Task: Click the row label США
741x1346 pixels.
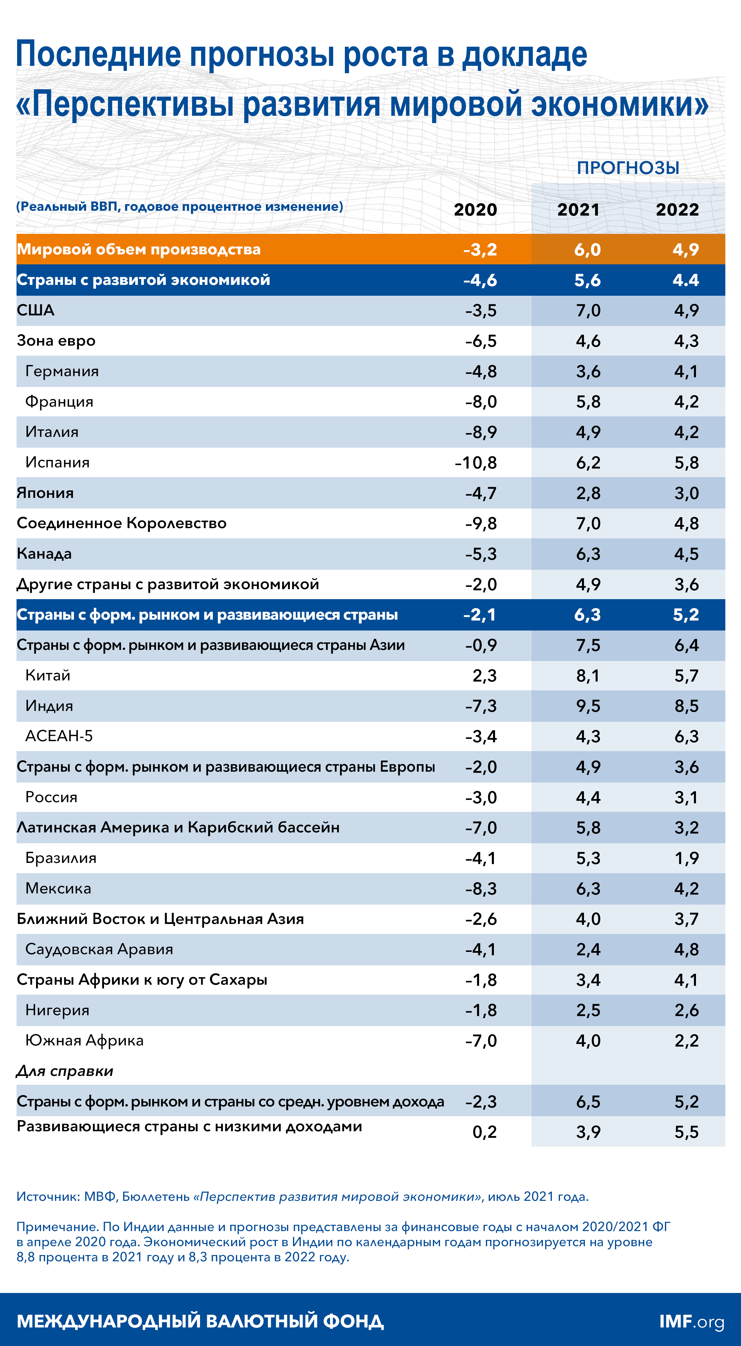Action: (x=36, y=310)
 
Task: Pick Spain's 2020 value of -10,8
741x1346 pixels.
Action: (x=476, y=463)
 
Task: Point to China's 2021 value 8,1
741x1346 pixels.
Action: (x=588, y=676)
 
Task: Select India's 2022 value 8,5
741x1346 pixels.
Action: (x=686, y=706)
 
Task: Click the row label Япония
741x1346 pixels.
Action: (x=45, y=493)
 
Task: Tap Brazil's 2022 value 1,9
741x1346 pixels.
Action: (x=686, y=858)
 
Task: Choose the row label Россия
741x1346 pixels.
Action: (x=51, y=797)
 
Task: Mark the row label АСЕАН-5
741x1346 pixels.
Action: (x=59, y=736)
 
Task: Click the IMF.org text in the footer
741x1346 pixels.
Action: (x=691, y=1321)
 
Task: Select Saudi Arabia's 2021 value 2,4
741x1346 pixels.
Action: (x=588, y=949)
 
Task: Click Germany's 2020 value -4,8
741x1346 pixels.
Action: (x=481, y=372)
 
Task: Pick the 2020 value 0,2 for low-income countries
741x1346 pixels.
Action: (x=484, y=1132)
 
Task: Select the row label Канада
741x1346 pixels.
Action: (x=44, y=554)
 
